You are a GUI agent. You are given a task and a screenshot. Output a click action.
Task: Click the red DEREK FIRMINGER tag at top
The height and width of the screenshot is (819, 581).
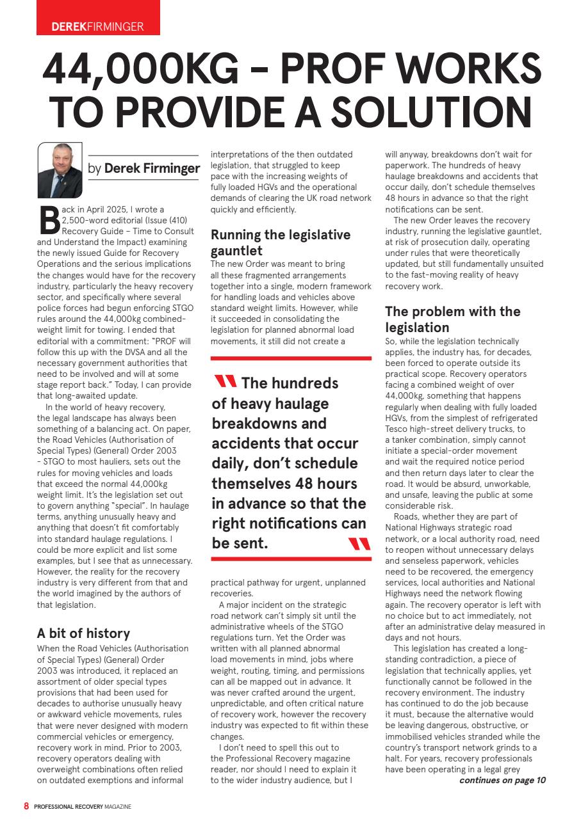tap(97, 26)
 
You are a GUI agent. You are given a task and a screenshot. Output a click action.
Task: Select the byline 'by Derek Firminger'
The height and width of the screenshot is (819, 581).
tap(144, 168)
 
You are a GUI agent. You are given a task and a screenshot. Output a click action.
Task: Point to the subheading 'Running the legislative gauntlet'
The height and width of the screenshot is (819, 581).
tap(281, 243)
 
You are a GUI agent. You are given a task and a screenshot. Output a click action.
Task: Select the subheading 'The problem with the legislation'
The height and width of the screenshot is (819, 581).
tap(452, 319)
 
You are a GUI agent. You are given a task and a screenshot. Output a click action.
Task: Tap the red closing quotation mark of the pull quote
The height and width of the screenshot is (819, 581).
tap(359, 544)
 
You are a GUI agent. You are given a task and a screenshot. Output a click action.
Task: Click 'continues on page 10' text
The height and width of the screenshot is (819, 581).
tap(502, 780)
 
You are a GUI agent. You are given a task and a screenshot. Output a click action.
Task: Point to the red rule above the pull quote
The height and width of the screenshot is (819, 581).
tap(291, 359)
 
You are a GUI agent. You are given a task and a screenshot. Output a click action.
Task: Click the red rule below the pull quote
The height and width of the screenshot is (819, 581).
tap(291, 559)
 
